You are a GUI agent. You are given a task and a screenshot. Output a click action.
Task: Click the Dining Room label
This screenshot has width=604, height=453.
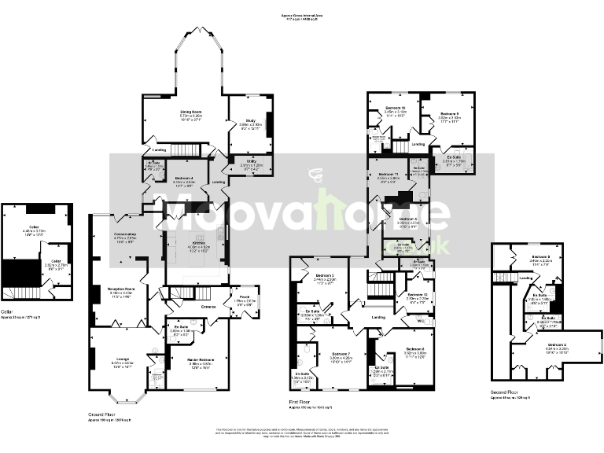pyautogui.click(x=182, y=112)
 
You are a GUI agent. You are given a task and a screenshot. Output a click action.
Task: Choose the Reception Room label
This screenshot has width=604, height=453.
pyautogui.click(x=118, y=289)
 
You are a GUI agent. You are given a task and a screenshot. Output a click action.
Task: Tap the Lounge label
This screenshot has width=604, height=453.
pyautogui.click(x=122, y=359)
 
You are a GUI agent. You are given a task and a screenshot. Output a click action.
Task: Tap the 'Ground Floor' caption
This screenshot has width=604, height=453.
pyautogui.click(x=103, y=413)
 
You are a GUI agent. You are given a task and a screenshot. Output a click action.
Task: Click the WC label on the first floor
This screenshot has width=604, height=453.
pyautogui.click(x=421, y=322)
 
